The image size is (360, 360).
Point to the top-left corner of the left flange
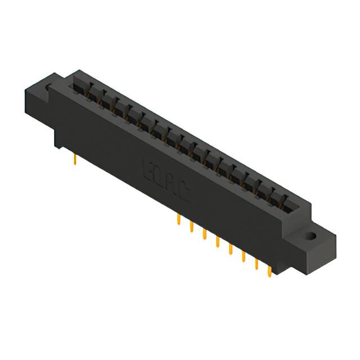pos(25,90)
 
